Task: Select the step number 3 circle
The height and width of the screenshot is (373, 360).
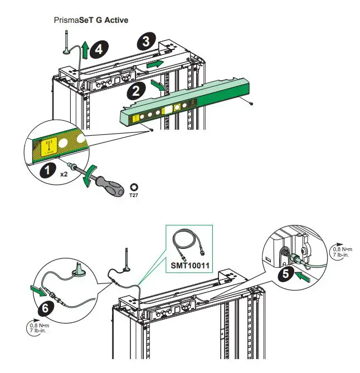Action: point(145,41)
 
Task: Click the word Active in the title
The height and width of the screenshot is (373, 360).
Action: point(115,20)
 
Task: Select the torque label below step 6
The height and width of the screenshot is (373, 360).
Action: point(38,329)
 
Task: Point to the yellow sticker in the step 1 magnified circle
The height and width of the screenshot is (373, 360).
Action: point(43,146)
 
